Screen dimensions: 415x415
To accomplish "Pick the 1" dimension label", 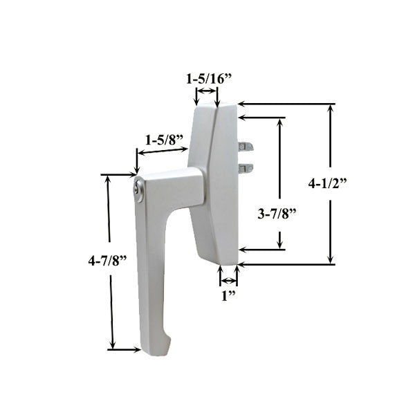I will pos(228,297).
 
